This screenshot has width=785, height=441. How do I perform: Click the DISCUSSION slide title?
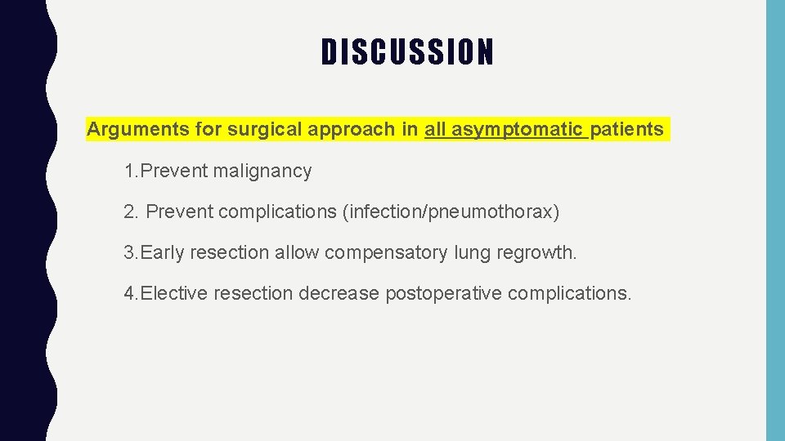pos(407,52)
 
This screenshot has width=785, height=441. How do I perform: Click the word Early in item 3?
pos(163,252)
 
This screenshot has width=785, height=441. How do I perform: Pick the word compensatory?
pos(386,252)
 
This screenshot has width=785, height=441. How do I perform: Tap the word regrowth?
pos(540,252)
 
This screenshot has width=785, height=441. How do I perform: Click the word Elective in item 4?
pos(174,293)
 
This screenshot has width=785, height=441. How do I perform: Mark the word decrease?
pos(339,293)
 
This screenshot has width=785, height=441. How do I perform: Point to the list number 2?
pos(129,212)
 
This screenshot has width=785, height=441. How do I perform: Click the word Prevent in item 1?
pos(175,171)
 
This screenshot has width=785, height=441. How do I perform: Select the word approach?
pos(345,129)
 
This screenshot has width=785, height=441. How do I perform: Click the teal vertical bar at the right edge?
pos(774,220)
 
